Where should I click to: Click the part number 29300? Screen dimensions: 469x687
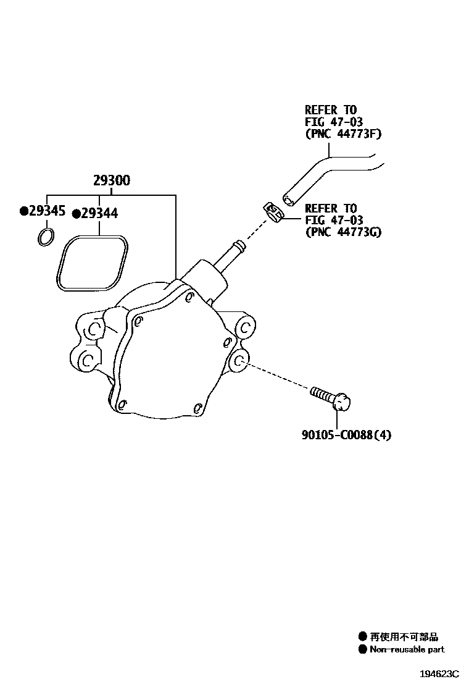pyautogui.click(x=112, y=181)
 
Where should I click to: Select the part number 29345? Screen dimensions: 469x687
pyautogui.click(x=46, y=211)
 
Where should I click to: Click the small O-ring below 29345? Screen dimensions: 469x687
pyautogui.click(x=46, y=237)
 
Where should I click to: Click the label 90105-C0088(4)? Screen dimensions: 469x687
pyautogui.click(x=346, y=435)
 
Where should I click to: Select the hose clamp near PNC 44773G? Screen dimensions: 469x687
pyautogui.click(x=272, y=212)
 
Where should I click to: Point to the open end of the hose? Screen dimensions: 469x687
pyautogui.click(x=288, y=199)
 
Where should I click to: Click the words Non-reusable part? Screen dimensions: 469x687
pyautogui.click(x=407, y=649)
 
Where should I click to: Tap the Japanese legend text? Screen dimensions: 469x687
pyautogui.click(x=404, y=637)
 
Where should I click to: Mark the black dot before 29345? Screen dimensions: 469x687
pyautogui.click(x=23, y=212)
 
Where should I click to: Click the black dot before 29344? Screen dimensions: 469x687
pyautogui.click(x=76, y=214)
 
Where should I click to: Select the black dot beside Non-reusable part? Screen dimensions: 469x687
pyautogui.click(x=362, y=649)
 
